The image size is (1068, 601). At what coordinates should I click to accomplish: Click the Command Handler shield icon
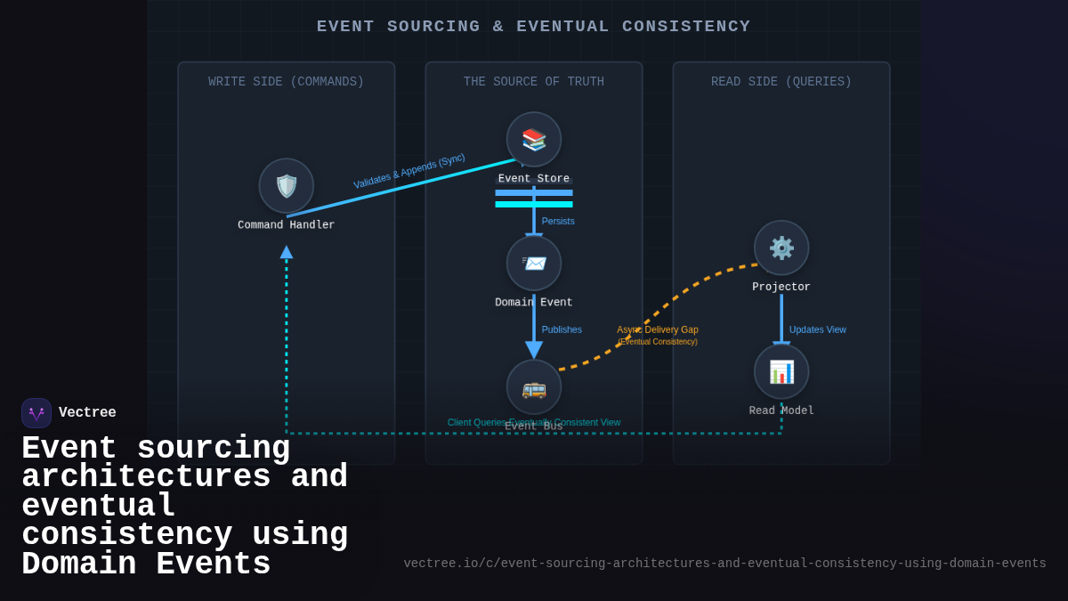287,186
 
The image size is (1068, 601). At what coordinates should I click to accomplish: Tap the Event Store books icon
534,140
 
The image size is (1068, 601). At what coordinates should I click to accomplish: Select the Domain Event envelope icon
534,264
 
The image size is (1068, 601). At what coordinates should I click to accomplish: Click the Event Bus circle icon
534,387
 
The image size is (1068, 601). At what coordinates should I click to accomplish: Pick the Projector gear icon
781,248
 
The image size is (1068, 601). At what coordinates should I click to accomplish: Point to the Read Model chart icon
781,371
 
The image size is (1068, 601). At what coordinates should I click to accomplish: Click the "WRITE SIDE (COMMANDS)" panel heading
287,82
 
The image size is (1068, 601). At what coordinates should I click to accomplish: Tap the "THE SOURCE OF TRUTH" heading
534,82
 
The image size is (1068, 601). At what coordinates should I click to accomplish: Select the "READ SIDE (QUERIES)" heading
781,82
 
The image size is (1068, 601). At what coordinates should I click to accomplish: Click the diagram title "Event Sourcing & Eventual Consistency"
534,27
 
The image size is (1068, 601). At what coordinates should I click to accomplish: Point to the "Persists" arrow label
558,222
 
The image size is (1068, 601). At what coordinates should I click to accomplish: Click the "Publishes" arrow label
562,329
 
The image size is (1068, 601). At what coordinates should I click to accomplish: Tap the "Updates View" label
817,329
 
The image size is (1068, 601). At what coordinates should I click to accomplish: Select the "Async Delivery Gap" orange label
658,330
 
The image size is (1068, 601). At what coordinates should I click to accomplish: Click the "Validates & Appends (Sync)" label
409,171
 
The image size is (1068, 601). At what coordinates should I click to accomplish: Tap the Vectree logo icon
36,413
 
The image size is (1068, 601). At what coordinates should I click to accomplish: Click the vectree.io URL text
724,564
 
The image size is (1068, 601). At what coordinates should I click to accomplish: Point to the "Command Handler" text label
287,225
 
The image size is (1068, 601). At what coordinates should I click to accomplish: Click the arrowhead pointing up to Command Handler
287,253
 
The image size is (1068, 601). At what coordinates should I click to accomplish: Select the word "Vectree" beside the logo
87,413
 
